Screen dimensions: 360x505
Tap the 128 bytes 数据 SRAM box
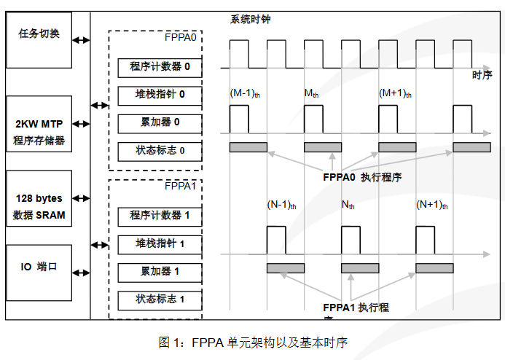pos(39,206)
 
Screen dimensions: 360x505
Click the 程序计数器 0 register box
pos(160,68)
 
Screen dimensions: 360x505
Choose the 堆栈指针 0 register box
pos(160,95)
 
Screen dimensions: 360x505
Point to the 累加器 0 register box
pos(160,122)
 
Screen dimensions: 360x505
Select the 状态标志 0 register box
pos(160,151)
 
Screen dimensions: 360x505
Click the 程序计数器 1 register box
pos(160,216)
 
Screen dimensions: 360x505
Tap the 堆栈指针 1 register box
pos(160,243)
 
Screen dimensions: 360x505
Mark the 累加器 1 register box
pos(160,272)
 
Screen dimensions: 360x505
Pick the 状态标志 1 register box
pos(160,300)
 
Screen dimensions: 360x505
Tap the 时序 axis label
pos(482,76)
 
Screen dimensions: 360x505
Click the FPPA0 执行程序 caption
pos(362,177)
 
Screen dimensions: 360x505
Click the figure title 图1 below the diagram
pos(253,342)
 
